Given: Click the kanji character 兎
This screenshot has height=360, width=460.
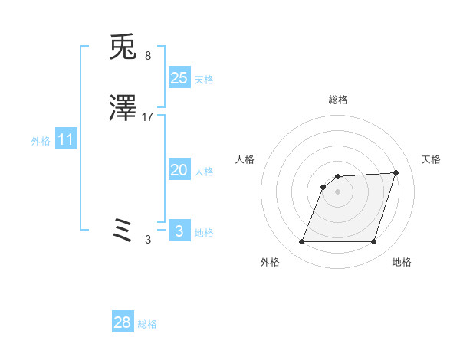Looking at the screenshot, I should click(123, 48).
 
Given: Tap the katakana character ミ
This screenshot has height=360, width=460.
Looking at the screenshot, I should click(123, 231).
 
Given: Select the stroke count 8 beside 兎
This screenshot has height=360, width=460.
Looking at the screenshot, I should click(147, 56).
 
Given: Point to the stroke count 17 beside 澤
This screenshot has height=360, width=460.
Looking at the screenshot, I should click(149, 117).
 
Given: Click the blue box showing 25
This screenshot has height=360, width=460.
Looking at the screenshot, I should click(179, 78).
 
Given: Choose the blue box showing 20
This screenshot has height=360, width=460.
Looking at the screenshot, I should click(179, 171).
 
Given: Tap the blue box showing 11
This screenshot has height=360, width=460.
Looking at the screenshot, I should click(66, 140).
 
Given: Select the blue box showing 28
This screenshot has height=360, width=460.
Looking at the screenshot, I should click(123, 322).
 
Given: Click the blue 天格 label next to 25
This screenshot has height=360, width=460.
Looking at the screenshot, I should click(204, 80).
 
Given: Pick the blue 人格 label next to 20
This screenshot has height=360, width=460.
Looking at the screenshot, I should click(204, 172).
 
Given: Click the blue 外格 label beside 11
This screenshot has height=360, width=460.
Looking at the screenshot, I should click(41, 142).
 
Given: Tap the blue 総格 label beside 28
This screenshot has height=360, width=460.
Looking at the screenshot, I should click(147, 324).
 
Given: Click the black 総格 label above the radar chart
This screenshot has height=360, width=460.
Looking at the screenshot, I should click(338, 100).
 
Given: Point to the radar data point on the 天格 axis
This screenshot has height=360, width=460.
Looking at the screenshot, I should click(396, 172).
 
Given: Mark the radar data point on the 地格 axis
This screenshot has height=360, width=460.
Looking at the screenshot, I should click(373, 242).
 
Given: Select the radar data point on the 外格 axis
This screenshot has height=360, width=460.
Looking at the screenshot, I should click(302, 242).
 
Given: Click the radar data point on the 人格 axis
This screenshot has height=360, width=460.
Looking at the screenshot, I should click(324, 187).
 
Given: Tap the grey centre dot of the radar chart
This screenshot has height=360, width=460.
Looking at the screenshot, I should click(338, 191).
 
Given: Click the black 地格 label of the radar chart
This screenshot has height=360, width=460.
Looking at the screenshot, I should click(402, 263).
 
